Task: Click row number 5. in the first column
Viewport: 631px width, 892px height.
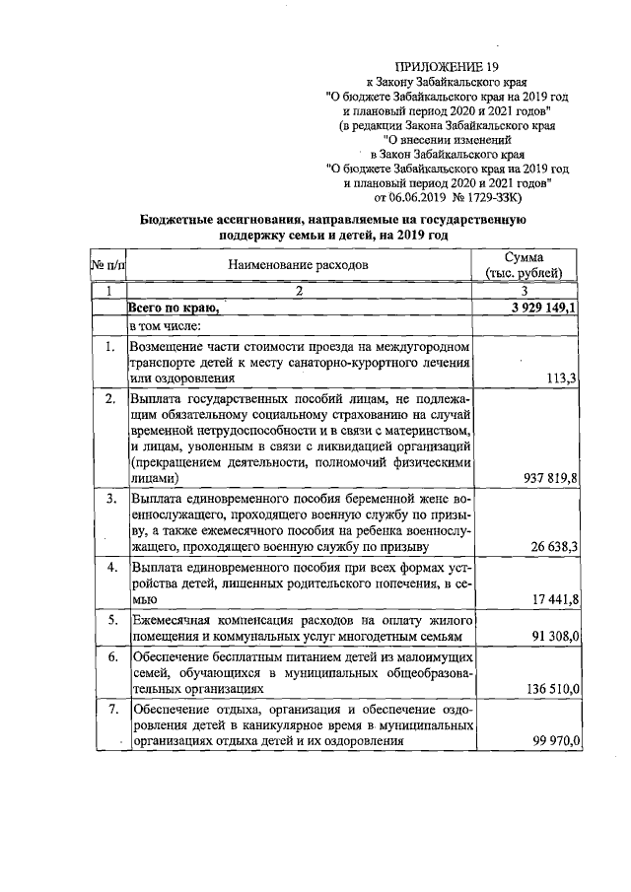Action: coord(112,619)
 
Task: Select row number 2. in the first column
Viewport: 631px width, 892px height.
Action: coord(112,398)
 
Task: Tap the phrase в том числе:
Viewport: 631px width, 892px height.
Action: coord(165,325)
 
